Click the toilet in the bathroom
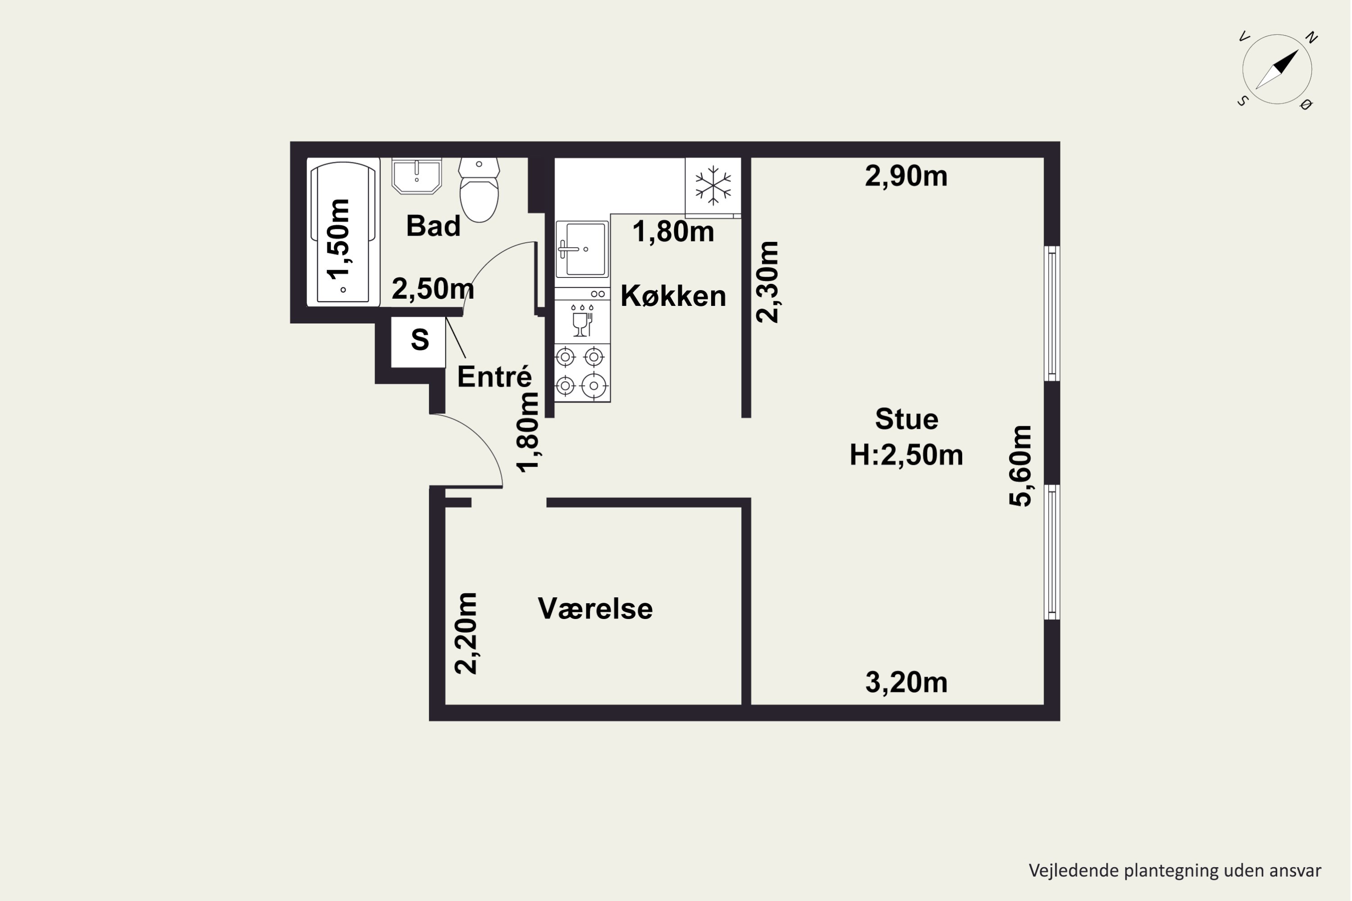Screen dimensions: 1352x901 pyautogui.click(x=479, y=190)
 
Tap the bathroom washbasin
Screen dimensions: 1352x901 pyautogui.click(x=417, y=176)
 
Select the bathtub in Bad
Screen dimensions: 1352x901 pyautogui.click(x=343, y=232)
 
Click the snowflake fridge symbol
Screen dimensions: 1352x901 pyautogui.click(x=713, y=186)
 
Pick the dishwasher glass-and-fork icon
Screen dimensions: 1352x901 pyautogui.click(x=582, y=321)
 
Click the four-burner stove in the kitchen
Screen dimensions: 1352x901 pyautogui.click(x=582, y=373)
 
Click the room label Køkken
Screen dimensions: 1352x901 pyautogui.click(x=673, y=296)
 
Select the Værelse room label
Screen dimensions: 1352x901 pyautogui.click(x=595, y=609)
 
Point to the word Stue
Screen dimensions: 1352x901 pyautogui.click(x=906, y=419)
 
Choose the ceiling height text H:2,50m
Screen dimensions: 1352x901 pyautogui.click(x=906, y=455)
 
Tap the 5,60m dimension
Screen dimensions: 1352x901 pyautogui.click(x=1020, y=465)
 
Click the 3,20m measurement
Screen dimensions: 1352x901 pyautogui.click(x=906, y=683)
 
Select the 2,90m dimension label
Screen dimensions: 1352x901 pyautogui.click(x=906, y=176)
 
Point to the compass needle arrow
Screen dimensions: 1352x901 pyautogui.click(x=1277, y=69)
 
